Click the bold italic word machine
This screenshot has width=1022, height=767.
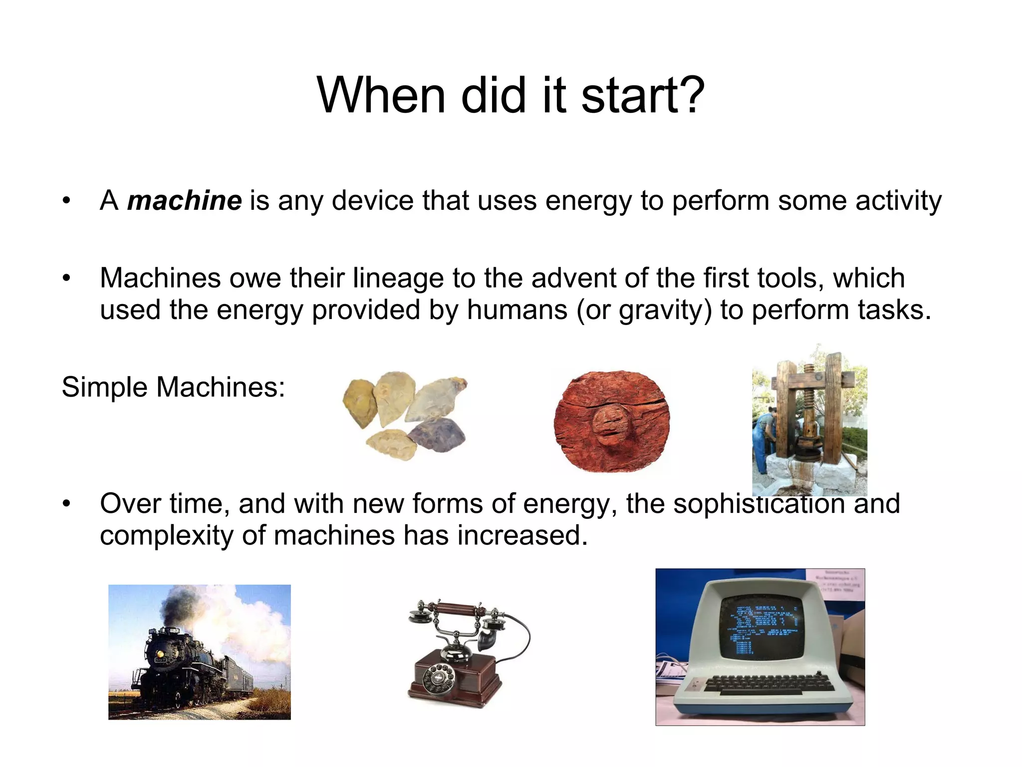[x=185, y=201]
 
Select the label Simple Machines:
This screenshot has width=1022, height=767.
[x=173, y=387]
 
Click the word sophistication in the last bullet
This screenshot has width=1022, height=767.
[x=759, y=503]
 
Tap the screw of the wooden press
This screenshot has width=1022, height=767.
[x=807, y=404]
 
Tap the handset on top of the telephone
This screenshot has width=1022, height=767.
[x=457, y=610]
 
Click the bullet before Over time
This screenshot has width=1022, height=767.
[x=66, y=503]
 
